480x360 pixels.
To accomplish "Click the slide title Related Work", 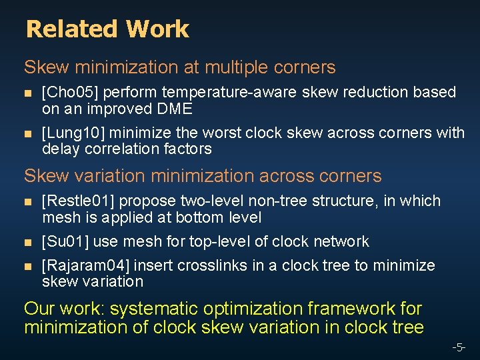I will pyautogui.click(x=107, y=29).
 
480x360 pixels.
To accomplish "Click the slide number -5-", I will pyautogui.click(x=459, y=347).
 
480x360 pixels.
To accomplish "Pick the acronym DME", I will pyautogui.click(x=174, y=109).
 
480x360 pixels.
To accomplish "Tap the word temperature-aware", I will pyautogui.click(x=237, y=92).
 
